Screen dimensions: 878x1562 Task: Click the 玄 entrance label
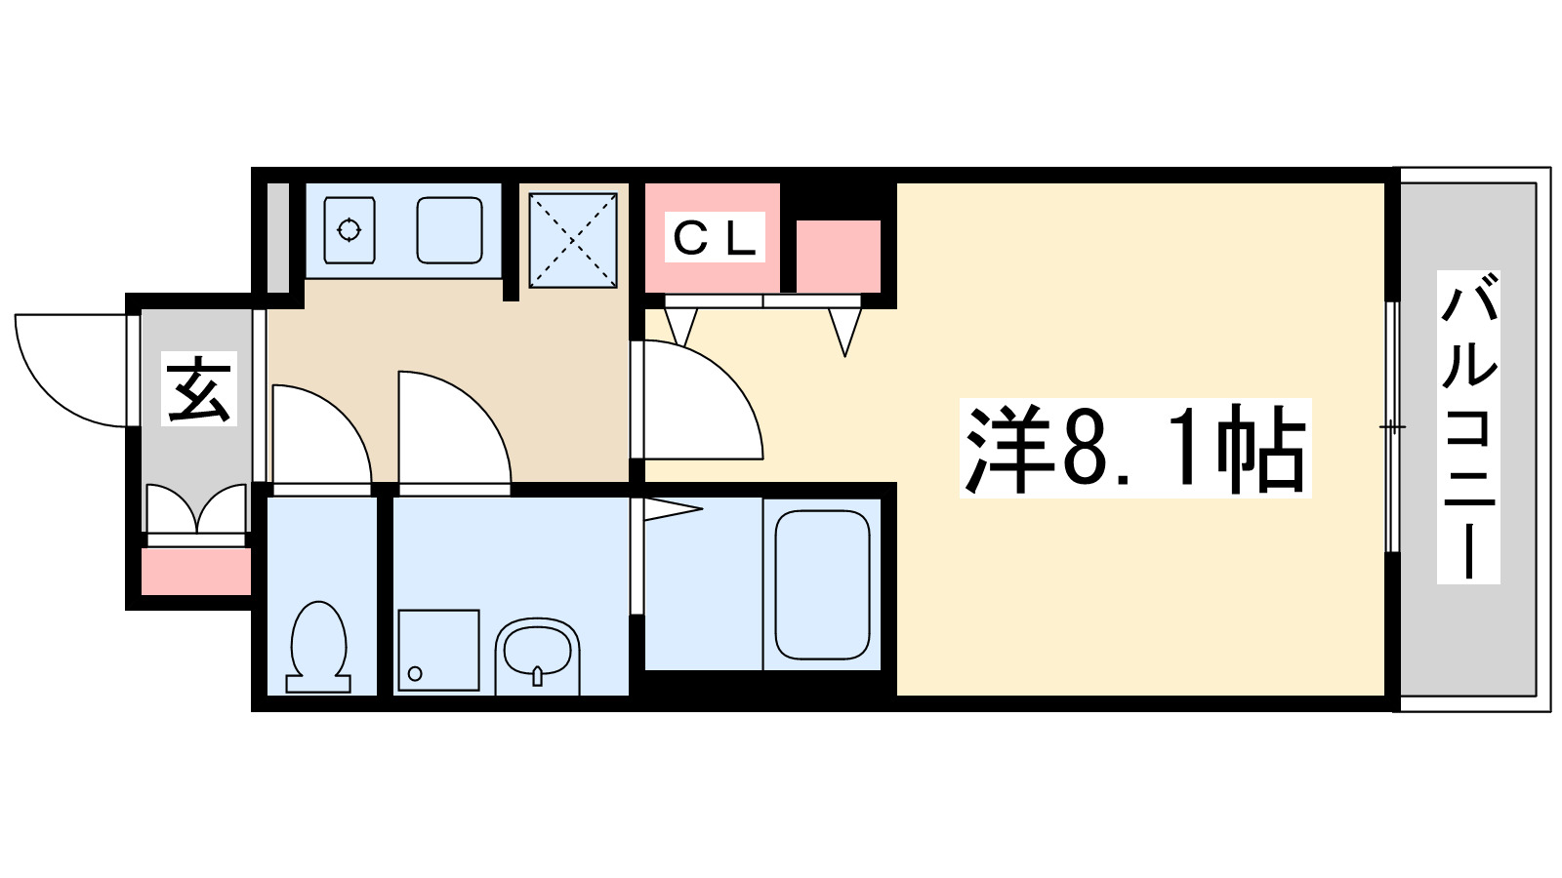[x=200, y=388]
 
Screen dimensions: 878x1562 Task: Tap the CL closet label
[x=715, y=237]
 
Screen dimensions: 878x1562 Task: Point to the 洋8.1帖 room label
[x=1134, y=449]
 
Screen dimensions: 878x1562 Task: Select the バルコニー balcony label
[x=1468, y=427]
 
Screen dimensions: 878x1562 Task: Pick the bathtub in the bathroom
[x=822, y=584]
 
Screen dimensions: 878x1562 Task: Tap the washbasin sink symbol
[x=537, y=651]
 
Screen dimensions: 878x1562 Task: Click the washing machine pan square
[x=438, y=650]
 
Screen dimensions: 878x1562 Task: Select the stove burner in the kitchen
[x=349, y=230]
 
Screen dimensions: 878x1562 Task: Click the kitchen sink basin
[x=449, y=230]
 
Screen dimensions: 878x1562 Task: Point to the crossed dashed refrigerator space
[x=573, y=240]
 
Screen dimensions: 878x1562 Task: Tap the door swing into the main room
[x=698, y=400]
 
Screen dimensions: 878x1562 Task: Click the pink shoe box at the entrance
[x=196, y=572]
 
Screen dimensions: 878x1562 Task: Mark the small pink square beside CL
[x=838, y=256]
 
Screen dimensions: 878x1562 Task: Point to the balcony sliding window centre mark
[x=1392, y=427]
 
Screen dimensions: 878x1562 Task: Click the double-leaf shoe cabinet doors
[x=196, y=509]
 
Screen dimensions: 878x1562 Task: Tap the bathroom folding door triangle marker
[x=671, y=508]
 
